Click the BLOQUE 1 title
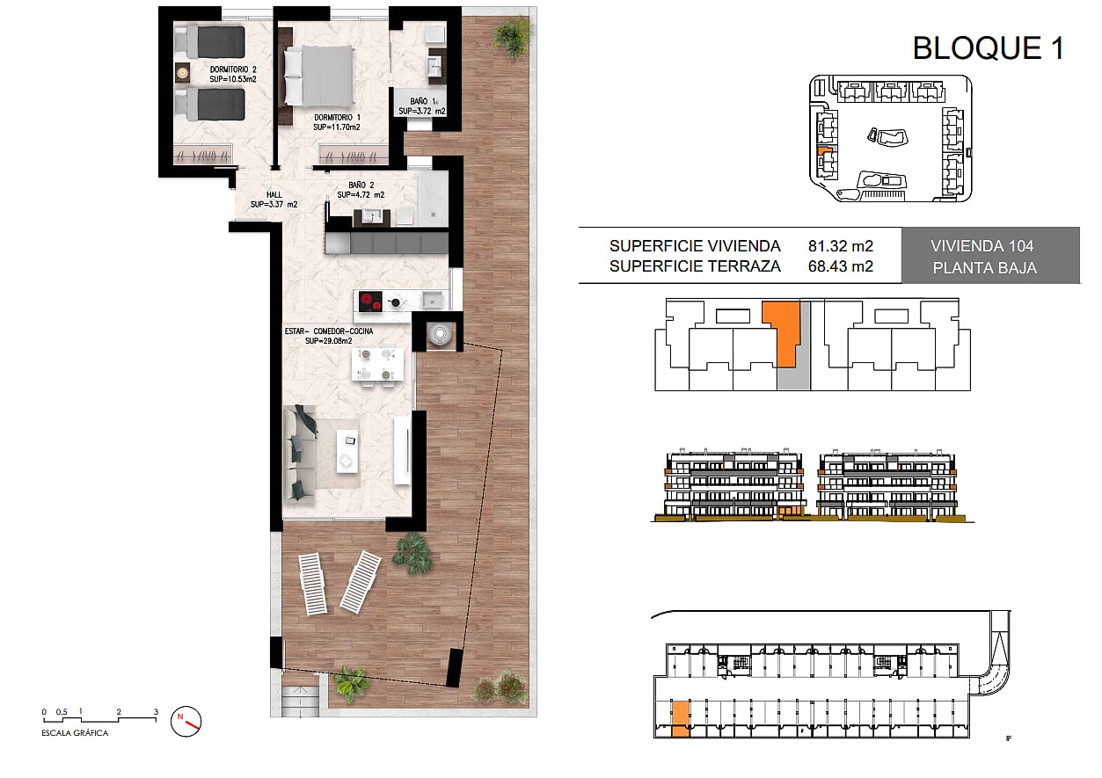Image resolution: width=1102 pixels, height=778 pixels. point(989,48)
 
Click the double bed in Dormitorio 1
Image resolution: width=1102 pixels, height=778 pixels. point(318,76)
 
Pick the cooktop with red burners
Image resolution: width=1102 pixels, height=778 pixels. point(370,302)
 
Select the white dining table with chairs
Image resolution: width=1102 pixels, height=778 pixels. point(378,365)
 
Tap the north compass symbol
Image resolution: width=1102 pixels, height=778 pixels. point(186,722)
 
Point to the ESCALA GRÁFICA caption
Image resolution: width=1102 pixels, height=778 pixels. point(75,733)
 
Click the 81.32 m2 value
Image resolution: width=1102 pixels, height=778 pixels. point(840,246)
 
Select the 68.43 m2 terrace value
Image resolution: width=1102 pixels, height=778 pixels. point(840,266)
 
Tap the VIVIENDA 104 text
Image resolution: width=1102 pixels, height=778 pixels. point(982,246)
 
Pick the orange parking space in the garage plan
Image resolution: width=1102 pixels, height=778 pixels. point(681,719)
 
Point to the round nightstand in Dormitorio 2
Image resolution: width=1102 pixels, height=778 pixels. point(183,73)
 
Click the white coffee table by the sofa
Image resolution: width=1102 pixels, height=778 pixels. point(347,452)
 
